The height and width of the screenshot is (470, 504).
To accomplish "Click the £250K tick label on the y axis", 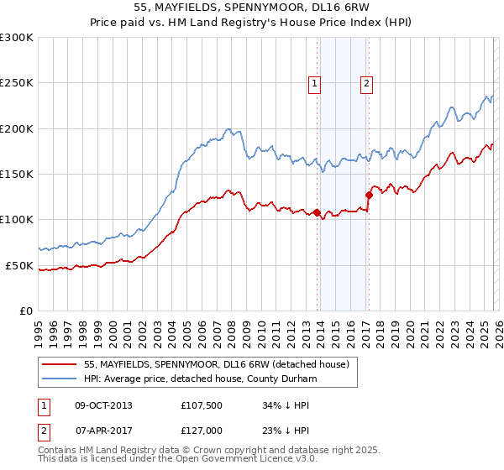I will [x=17, y=83].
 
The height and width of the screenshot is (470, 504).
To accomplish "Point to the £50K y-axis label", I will [x=19, y=265].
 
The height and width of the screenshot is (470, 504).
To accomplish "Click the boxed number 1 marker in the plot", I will [x=314, y=83].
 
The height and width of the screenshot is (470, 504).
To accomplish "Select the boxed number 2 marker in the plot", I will [x=367, y=83].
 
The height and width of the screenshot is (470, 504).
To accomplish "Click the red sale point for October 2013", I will [x=317, y=212].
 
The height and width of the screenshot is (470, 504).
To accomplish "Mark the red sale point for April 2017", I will [x=369, y=195].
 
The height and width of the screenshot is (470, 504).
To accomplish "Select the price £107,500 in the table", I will [x=202, y=405].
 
